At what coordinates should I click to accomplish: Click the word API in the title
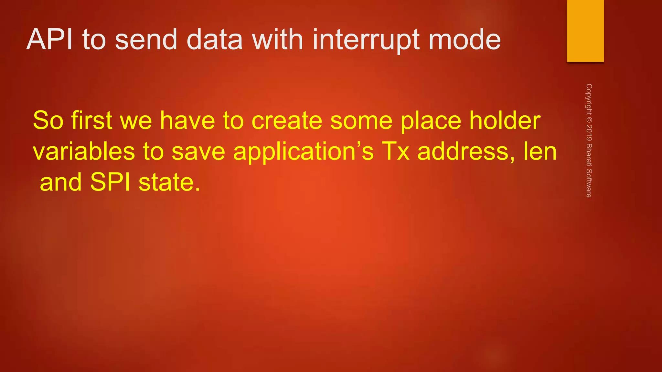49,39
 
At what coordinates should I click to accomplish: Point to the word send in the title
146,39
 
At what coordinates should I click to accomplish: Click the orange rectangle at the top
585,31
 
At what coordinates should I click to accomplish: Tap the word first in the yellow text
91,120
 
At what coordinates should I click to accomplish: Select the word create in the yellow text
287,120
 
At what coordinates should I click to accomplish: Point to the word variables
84,151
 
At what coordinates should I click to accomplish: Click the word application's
303,152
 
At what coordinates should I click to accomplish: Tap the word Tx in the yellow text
395,151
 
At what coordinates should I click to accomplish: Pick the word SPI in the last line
110,182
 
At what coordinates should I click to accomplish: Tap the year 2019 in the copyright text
589,133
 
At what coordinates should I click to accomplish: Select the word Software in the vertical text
589,183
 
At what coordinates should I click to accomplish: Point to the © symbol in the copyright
589,120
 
